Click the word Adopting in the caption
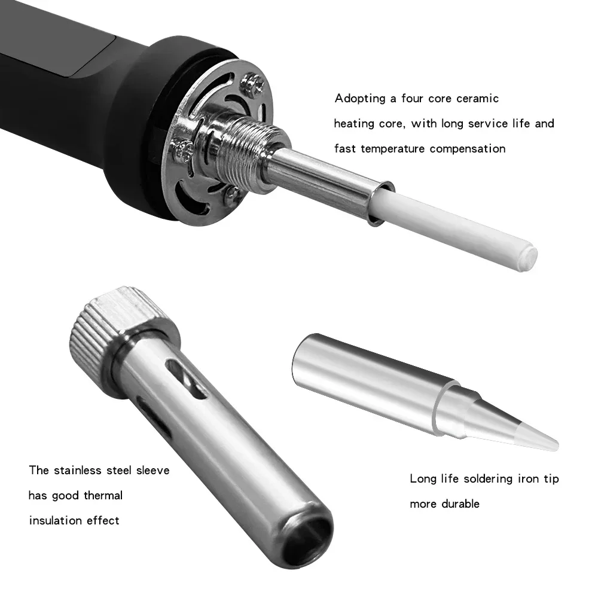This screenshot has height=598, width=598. coord(360,99)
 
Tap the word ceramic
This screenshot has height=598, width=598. coord(477,99)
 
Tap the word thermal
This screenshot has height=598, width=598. coord(103,495)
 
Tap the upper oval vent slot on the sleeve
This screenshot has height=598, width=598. coord(187,379)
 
